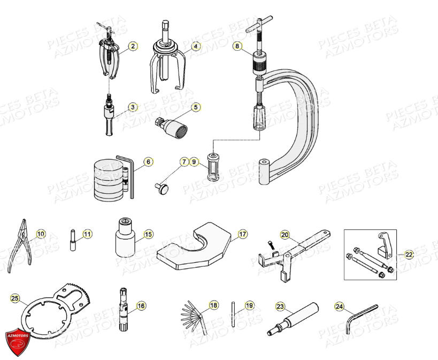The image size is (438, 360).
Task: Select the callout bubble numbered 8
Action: pyautogui.click(x=237, y=47)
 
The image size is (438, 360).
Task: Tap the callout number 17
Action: pyautogui.click(x=243, y=234)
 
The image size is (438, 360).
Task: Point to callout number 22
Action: pyautogui.click(x=409, y=255)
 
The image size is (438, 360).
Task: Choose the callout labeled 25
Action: pyautogui.click(x=15, y=297)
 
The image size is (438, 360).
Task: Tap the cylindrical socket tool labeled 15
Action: pyautogui.click(x=126, y=239)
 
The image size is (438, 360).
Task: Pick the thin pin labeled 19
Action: pyautogui.click(x=234, y=313)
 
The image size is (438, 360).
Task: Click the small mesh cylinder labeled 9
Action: pyautogui.click(x=210, y=173)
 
